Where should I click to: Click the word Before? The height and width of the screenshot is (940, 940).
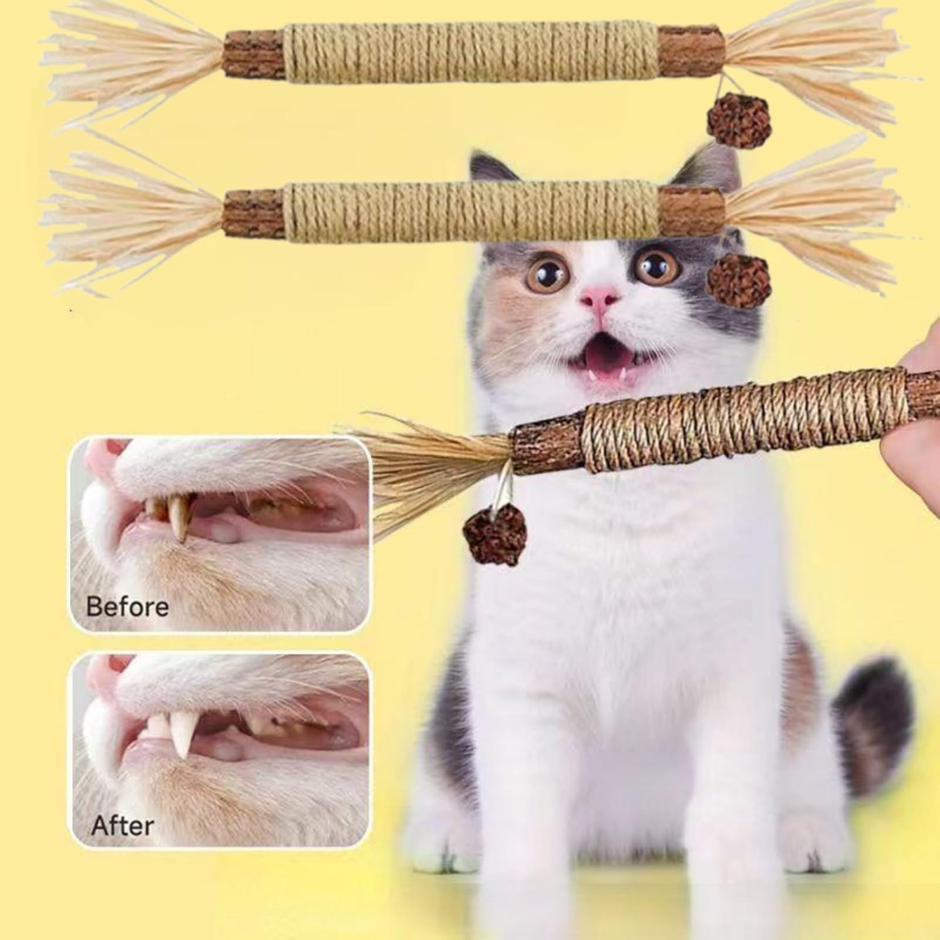click(x=127, y=606)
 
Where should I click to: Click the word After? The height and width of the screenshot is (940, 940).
click(x=122, y=826)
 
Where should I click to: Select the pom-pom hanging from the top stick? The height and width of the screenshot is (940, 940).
click(x=731, y=120)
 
